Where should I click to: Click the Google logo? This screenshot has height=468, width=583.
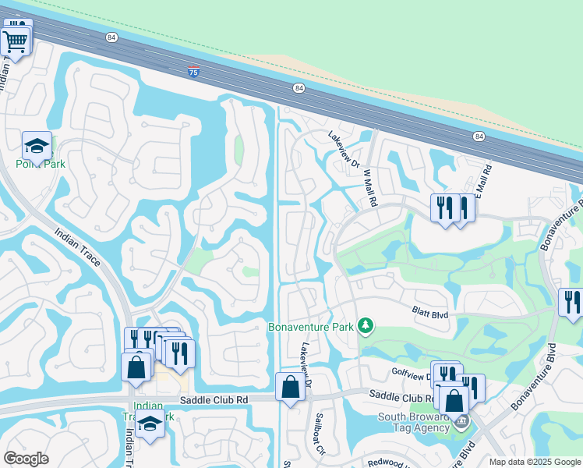pyautogui.click(x=26, y=459)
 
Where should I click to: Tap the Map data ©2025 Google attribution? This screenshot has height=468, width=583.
pyautogui.click(x=534, y=462)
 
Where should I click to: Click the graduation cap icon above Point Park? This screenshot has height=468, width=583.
pyautogui.click(x=36, y=146)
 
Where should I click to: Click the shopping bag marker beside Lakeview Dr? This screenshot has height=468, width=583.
pyautogui.click(x=290, y=386)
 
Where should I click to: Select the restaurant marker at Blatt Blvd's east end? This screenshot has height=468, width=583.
pyautogui.click(x=571, y=303)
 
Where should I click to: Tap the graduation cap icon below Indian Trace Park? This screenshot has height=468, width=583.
pyautogui.click(x=148, y=425)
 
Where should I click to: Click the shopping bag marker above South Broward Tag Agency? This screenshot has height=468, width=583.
pyautogui.click(x=453, y=400)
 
